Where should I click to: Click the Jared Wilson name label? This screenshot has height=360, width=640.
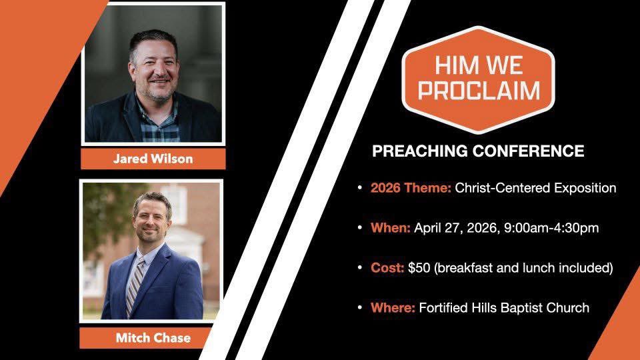pos(153,159)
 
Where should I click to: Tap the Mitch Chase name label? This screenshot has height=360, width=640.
pos(153,338)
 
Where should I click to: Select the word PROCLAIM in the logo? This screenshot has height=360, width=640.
pos(478,90)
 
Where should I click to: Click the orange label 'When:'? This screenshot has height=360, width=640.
pos(391,228)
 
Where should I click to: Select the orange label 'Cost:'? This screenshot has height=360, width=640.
pos(387,268)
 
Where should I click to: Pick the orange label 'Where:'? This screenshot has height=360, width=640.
pos(393,308)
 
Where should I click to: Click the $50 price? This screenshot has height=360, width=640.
pos(419,268)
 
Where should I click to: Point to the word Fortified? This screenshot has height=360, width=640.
pos(445,308)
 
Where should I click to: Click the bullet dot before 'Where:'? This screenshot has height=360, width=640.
pos(361,308)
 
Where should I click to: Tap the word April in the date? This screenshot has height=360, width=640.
pos(428,228)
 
